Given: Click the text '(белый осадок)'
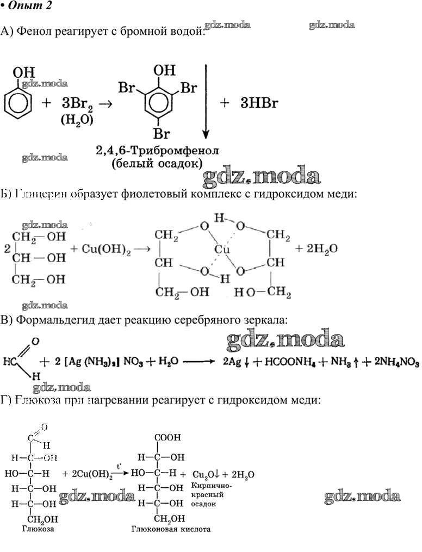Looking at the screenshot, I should point(157,163).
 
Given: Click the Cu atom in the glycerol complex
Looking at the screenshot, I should point(221,249).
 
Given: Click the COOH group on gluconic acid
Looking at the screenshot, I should point(168,437).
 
